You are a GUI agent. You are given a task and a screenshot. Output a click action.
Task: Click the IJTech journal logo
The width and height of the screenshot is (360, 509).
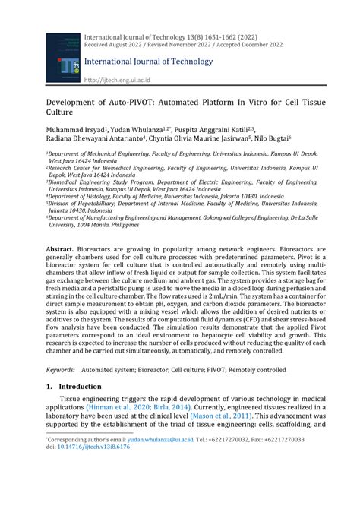click(x=63, y=57)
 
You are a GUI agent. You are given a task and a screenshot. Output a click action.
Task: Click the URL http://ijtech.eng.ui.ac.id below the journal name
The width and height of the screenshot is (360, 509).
click(x=117, y=79)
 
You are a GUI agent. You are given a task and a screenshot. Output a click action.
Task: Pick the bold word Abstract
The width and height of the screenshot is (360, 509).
click(x=60, y=249)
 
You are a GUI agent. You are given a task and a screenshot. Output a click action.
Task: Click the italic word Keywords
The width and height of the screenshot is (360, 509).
click(x=60, y=370)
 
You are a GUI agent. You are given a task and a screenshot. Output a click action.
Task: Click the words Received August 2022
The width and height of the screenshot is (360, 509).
click(x=115, y=44)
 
